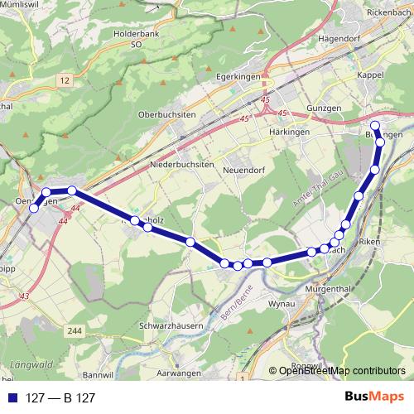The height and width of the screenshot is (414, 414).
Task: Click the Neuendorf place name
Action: tap(244, 170)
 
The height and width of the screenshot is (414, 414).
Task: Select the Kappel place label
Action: tap(375, 75)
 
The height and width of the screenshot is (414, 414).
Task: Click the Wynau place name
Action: tap(282, 305)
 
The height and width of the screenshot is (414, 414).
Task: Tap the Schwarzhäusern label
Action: tap(172, 326)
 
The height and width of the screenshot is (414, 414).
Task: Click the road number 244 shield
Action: tap(76, 331)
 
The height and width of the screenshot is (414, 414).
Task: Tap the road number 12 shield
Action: tap(64, 78)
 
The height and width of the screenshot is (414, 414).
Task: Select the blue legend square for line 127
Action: tap(12, 398)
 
